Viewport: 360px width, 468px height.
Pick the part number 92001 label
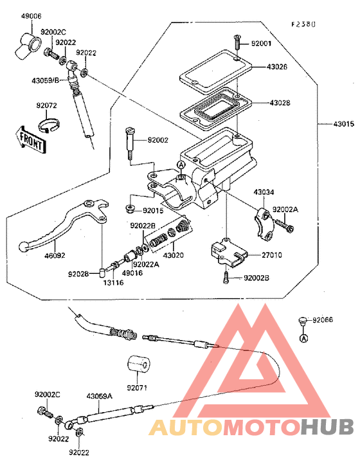coord(262,44)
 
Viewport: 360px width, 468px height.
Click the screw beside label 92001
coord(237,44)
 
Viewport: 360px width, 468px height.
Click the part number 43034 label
coord(263,192)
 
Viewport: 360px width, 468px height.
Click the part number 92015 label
coord(153,210)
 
